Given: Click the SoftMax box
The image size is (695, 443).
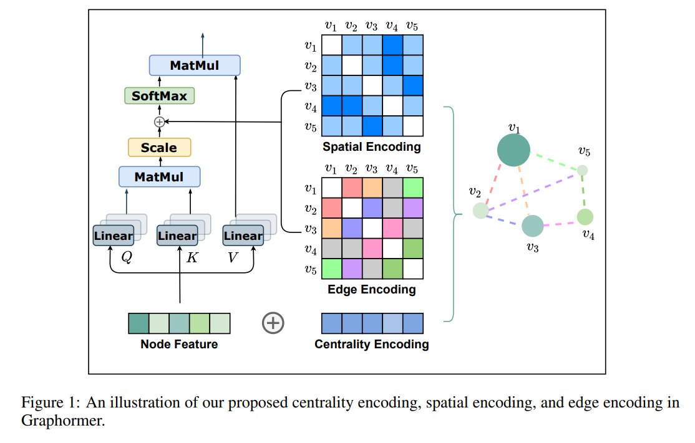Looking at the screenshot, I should (x=159, y=97).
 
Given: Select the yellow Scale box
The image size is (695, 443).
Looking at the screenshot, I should (x=159, y=148).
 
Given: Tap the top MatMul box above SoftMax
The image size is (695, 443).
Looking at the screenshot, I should (x=195, y=65).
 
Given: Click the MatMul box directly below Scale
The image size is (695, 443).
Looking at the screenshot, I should (x=159, y=177).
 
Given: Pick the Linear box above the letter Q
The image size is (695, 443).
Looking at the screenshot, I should (x=113, y=236).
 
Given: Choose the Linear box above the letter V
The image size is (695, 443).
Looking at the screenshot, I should (x=243, y=236).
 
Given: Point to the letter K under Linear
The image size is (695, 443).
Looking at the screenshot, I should (x=192, y=257).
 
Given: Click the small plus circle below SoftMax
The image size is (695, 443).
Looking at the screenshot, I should (x=159, y=121).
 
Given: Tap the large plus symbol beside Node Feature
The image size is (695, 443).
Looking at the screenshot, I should (x=273, y=323).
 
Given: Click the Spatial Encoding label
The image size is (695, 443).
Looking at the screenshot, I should (x=371, y=148).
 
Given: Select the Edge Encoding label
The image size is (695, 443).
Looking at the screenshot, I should (x=371, y=290).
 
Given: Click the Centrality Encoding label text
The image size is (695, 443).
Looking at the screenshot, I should (x=371, y=344).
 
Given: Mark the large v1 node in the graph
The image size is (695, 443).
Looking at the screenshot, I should (x=513, y=150).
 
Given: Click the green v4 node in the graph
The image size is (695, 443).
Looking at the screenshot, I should (x=585, y=217).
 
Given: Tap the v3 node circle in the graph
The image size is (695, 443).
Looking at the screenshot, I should (x=532, y=226).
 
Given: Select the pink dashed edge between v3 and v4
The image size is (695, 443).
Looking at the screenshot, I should (x=560, y=222).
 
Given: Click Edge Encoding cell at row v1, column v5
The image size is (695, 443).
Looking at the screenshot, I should (x=412, y=188).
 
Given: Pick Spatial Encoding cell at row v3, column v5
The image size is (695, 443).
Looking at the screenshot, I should (x=412, y=85).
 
